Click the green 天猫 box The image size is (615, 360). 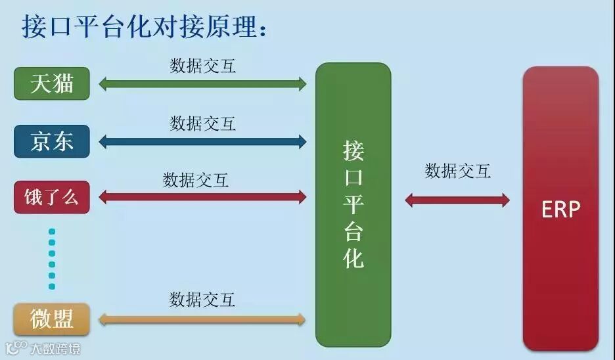coord(52,83)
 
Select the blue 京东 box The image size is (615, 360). coord(52,141)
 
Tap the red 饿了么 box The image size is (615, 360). coord(52,196)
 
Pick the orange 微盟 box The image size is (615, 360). coord(52,319)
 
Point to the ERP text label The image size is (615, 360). coord(560,209)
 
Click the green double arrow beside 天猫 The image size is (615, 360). coord(202,83)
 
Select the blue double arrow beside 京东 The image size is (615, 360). coord(202,141)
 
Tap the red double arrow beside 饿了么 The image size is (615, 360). coord(202,196)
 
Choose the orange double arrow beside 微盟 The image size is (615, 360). coord(202,320)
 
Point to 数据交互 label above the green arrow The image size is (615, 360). coord(203,66)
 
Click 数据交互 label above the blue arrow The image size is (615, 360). coord(203,123)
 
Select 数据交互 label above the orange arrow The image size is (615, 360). coord(202,300)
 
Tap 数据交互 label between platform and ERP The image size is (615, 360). coord(457,171)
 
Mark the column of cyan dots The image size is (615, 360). coord(52,259)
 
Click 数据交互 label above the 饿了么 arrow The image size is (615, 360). coord(196,179)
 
